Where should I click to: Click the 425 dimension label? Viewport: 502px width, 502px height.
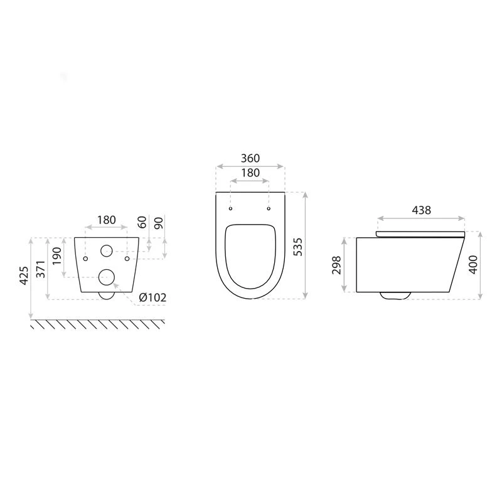[24, 275]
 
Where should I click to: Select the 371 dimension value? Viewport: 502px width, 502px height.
[41, 269]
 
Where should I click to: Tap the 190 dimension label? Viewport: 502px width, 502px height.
[56, 256]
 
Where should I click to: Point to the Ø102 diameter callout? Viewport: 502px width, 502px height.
[152, 297]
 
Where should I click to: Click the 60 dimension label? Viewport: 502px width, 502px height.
[142, 222]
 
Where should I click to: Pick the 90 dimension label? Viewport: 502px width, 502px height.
[159, 223]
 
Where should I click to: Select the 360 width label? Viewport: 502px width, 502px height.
[250, 158]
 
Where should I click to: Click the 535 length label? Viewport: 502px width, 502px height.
[298, 247]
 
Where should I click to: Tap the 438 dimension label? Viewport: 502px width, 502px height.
[421, 210]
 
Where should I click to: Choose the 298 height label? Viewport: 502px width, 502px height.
[336, 265]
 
